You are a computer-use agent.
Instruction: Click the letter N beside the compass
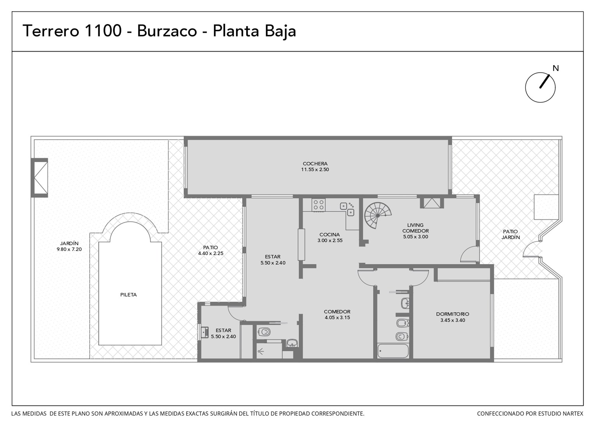(x=555, y=68)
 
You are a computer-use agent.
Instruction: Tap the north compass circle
(x=525, y=87)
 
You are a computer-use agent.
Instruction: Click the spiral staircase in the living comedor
(x=378, y=215)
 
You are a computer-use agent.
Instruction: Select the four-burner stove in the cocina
(x=319, y=205)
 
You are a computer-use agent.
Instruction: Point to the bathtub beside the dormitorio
(x=393, y=351)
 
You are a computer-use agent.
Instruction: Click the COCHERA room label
(x=315, y=164)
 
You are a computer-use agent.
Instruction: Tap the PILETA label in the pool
(x=128, y=295)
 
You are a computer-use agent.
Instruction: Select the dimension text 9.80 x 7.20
(x=69, y=249)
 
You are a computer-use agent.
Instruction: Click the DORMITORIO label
(x=452, y=314)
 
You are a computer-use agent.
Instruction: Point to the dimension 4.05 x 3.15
(x=337, y=318)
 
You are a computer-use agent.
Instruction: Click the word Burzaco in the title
(x=167, y=31)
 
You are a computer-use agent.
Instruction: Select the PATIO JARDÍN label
(x=510, y=234)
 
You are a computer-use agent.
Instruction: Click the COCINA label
(x=330, y=235)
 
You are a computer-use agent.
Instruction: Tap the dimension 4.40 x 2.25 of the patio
(x=211, y=253)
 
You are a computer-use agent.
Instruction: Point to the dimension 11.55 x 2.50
(x=315, y=170)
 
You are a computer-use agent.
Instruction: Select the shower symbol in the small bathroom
(x=261, y=352)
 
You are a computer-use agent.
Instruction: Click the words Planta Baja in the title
(x=254, y=31)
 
